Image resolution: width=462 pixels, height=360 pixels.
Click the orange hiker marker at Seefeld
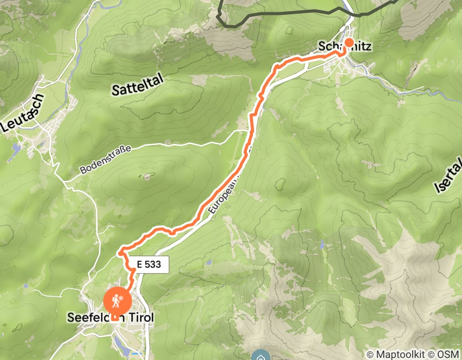pyautogui.click(x=118, y=300)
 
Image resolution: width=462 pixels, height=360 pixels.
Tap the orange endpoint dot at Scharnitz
pyautogui.click(x=349, y=43)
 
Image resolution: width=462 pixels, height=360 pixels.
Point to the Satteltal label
pyautogui.click(x=137, y=83)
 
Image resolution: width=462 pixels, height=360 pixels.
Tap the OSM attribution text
pyautogui.click(x=449, y=354)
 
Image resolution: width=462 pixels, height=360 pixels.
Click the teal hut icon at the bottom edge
pyautogui.click(x=260, y=356)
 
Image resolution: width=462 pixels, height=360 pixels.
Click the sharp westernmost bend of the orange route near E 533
pyautogui.click(x=120, y=252)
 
